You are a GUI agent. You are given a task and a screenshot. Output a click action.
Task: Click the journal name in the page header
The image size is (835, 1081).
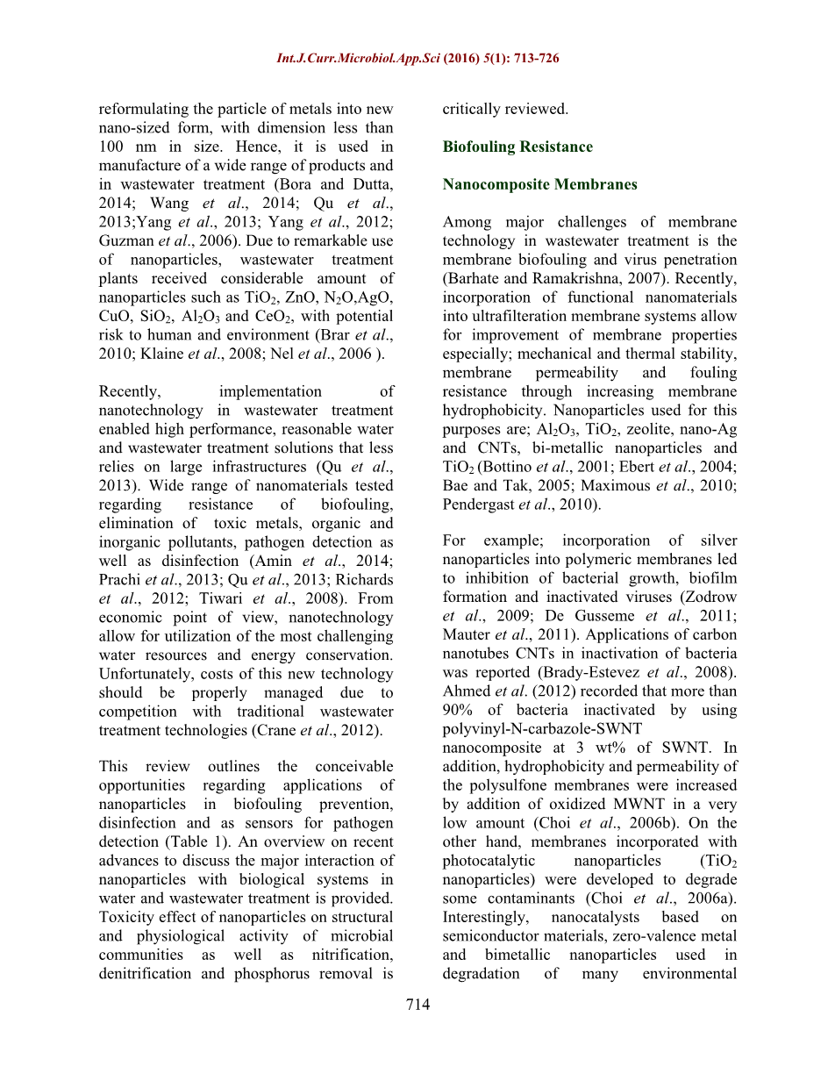click(x=359, y=59)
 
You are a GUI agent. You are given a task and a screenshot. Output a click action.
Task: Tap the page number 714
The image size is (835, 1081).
click(x=418, y=1005)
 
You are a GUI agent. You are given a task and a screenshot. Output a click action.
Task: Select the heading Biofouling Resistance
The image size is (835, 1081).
click(x=517, y=147)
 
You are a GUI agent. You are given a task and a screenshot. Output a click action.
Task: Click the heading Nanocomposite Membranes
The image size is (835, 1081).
click(x=539, y=184)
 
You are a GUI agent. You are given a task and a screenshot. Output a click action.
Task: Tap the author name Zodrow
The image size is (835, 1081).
click(x=713, y=597)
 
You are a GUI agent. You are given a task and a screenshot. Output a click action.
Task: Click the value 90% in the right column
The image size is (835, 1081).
click(x=460, y=710)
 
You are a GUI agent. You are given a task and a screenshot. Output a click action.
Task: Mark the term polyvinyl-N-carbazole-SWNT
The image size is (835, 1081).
click(x=542, y=729)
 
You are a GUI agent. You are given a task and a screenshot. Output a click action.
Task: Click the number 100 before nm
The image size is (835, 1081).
click(x=114, y=147)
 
